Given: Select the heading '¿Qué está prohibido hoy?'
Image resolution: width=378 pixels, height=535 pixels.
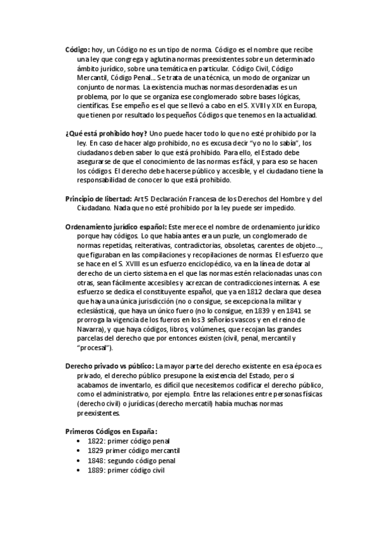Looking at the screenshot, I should (106, 134).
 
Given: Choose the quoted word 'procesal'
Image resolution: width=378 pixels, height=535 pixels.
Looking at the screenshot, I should (95, 348).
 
